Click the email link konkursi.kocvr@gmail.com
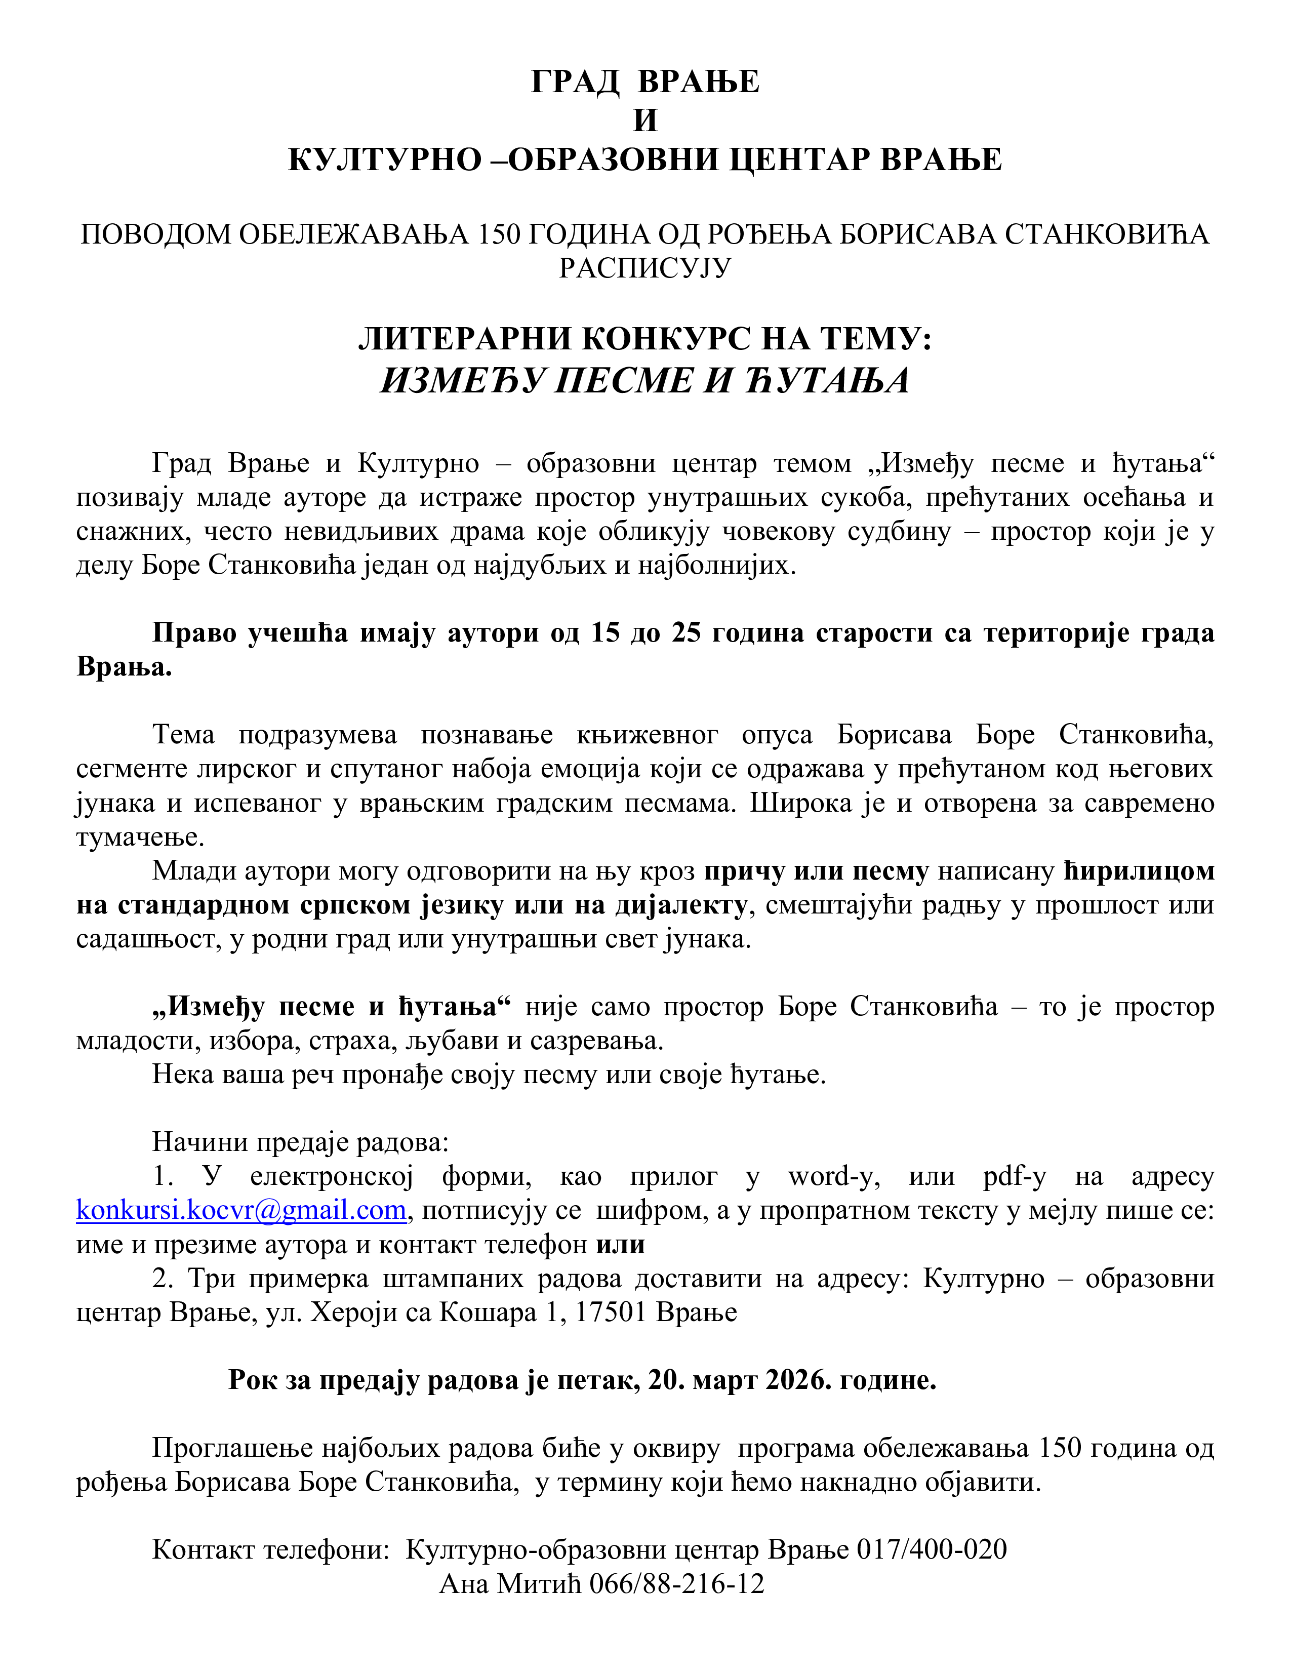[241, 1210]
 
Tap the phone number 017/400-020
[931, 1549]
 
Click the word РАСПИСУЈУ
[645, 268]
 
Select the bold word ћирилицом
[1139, 871]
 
